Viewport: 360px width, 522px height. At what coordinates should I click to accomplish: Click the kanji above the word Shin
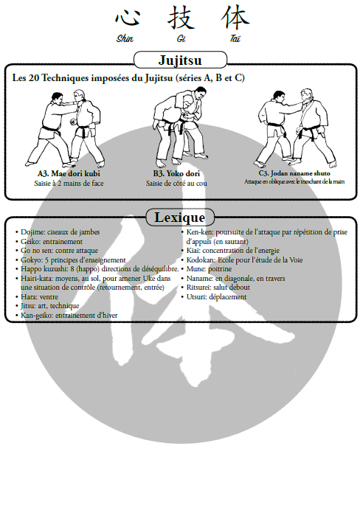click(x=127, y=17)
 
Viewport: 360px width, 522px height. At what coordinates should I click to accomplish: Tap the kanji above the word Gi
click(x=181, y=17)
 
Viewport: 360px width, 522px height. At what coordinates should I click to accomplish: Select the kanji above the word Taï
click(x=235, y=17)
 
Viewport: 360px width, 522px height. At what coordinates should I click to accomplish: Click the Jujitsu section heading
click(x=180, y=60)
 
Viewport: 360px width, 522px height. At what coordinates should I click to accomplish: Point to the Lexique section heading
click(x=180, y=217)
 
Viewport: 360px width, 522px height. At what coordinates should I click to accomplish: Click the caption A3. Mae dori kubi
click(x=69, y=173)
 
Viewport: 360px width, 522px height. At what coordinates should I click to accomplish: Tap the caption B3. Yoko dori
click(x=176, y=173)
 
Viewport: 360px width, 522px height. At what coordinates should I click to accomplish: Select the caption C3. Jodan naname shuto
click(x=294, y=173)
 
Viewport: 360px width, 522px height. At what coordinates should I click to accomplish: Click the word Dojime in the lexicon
click(x=32, y=232)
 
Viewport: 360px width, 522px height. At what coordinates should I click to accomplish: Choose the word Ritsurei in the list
click(x=198, y=288)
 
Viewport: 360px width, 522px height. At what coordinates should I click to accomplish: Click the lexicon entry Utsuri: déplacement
click(x=216, y=297)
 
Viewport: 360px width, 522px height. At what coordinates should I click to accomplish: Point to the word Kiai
click(x=193, y=251)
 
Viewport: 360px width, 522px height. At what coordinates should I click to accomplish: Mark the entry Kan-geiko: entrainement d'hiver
click(x=69, y=316)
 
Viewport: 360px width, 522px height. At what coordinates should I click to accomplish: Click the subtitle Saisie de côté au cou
click(x=176, y=184)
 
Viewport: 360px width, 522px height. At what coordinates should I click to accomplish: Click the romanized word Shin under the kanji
click(x=125, y=38)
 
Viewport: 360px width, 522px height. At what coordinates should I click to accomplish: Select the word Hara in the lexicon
click(x=28, y=297)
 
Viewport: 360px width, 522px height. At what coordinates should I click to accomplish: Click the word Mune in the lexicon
click(x=195, y=269)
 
